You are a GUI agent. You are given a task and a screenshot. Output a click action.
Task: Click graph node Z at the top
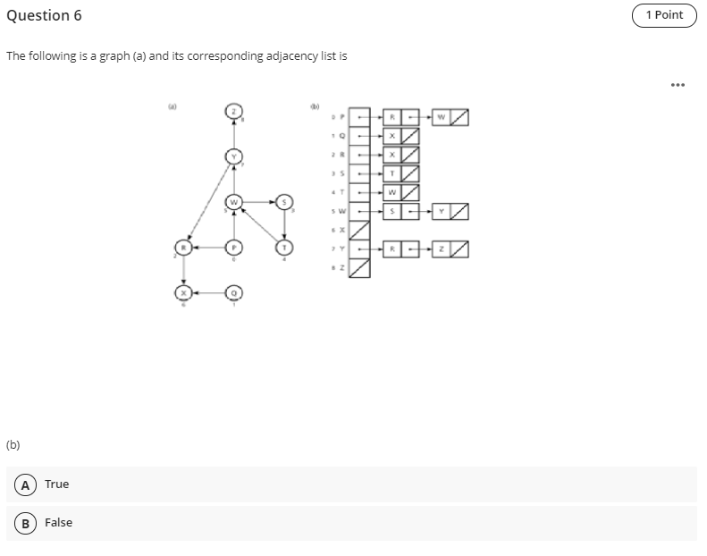233,112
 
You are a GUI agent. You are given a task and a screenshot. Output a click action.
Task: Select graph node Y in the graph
233,157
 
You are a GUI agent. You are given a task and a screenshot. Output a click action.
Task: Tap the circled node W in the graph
233,202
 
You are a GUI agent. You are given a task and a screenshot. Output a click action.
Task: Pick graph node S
284,202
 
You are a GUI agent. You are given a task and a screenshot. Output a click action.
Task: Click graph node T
284,247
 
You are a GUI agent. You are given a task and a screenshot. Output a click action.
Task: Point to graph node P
233,247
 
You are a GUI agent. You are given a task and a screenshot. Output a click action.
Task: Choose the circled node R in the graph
183,247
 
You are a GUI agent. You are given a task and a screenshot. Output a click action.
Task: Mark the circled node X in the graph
183,292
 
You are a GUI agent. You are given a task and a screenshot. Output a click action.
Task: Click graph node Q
233,292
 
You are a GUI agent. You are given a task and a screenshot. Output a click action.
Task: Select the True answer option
56,484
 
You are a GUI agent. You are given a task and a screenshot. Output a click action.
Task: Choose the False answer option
58,523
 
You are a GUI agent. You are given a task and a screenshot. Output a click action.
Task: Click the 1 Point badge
663,15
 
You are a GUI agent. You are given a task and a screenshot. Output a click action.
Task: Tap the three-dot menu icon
678,86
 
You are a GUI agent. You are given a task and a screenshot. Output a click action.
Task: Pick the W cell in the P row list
440,117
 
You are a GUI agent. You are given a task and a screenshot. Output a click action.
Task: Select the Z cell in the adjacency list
440,248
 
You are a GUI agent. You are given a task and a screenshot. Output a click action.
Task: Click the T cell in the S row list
391,173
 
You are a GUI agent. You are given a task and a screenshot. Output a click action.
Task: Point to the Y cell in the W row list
440,211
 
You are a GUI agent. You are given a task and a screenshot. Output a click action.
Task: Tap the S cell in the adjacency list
391,211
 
